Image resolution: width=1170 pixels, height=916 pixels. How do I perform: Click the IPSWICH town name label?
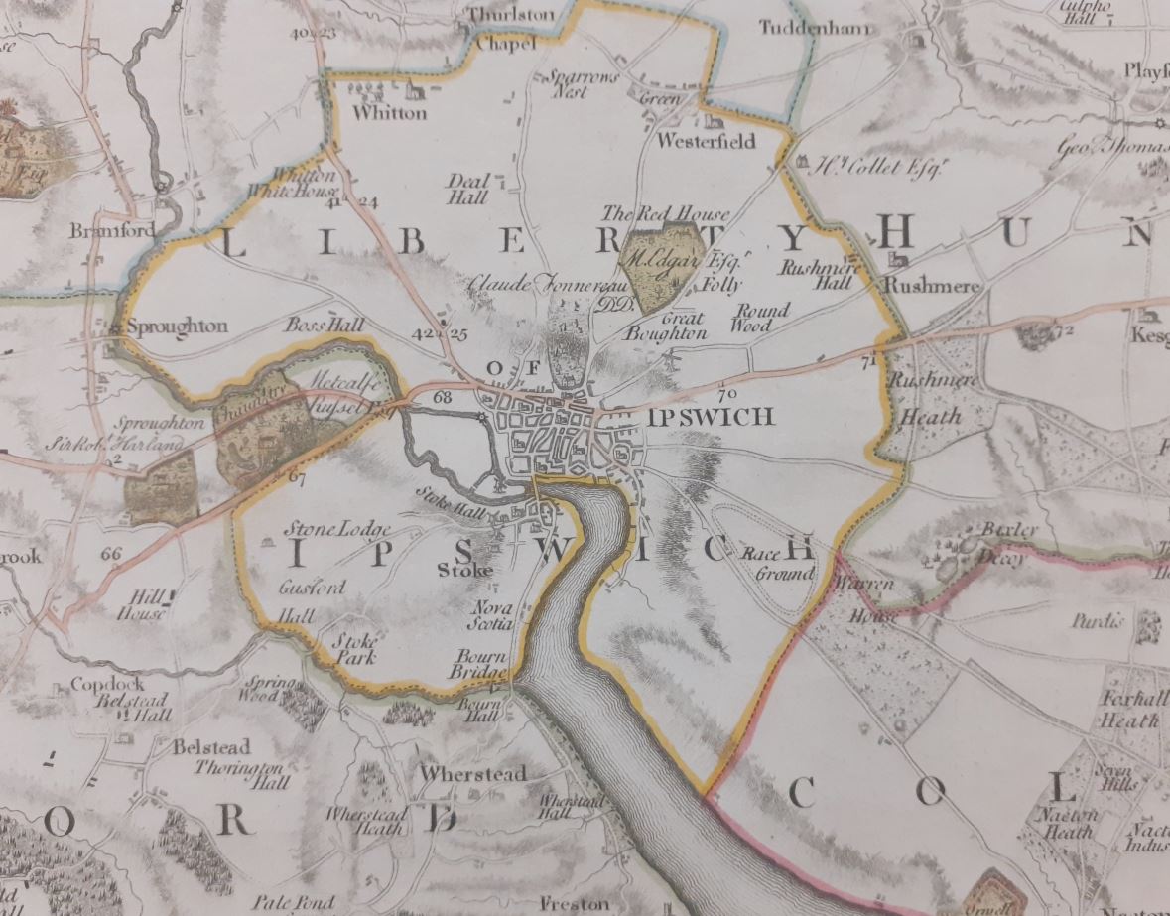pos(708,417)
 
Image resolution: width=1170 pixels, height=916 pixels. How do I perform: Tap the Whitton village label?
pos(391,113)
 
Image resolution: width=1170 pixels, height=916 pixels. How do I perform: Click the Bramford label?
pos(100,231)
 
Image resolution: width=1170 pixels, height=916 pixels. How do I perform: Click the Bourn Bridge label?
pos(481,665)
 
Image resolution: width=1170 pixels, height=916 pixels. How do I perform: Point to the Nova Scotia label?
pos(491,614)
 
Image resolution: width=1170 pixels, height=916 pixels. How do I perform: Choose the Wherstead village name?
pos(472,773)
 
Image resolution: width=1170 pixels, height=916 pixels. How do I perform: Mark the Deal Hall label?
pos(467,190)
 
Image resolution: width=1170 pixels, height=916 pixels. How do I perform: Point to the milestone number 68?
pos(443,398)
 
